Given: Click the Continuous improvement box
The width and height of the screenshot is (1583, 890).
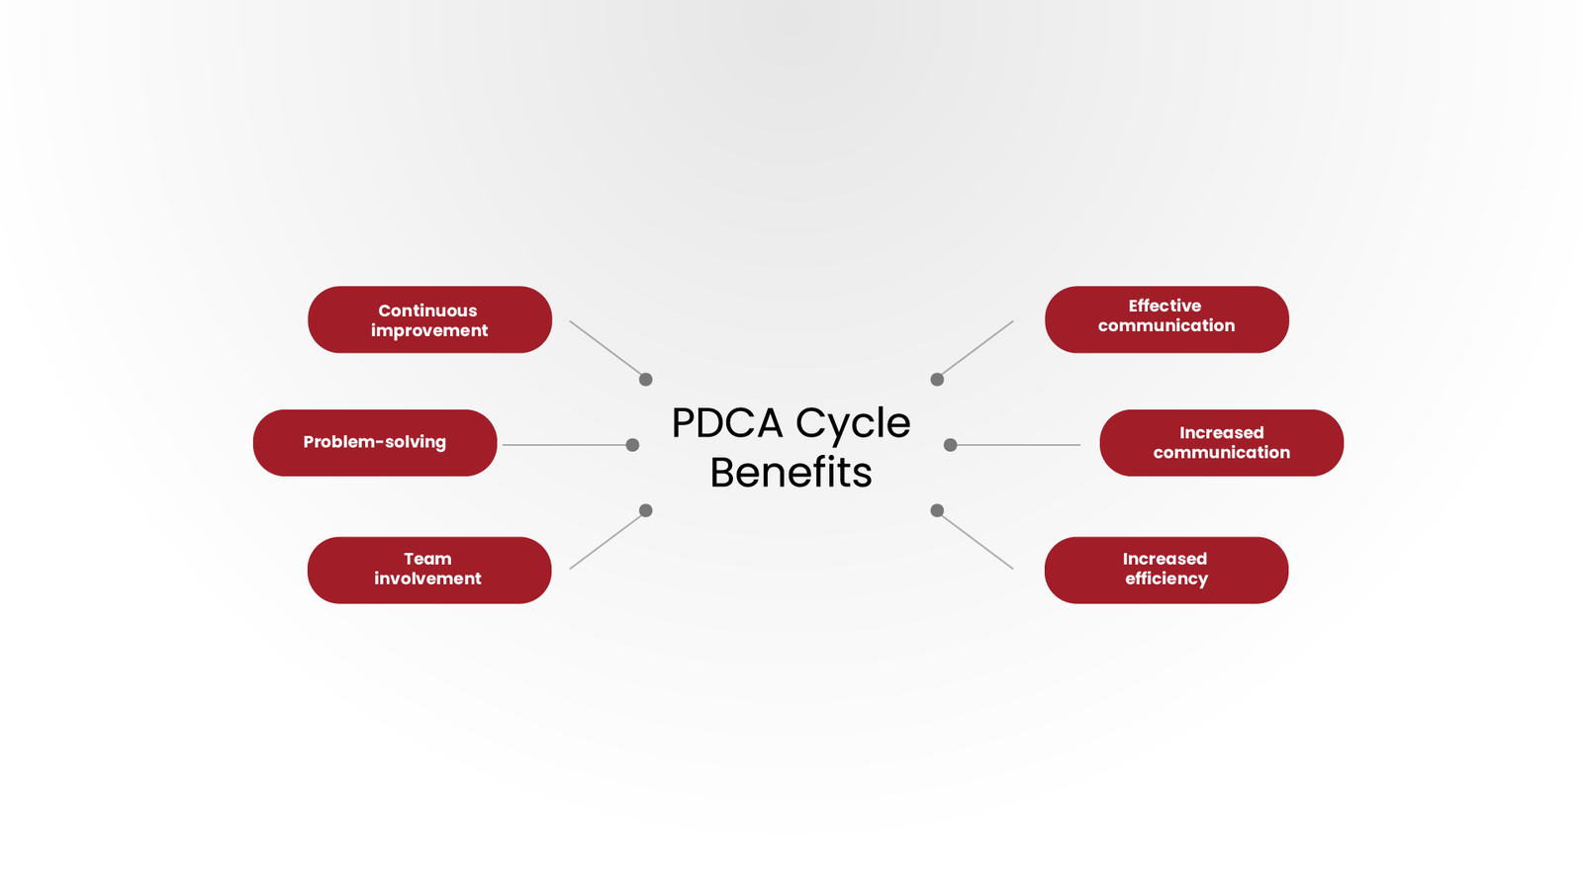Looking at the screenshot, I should click(429, 319).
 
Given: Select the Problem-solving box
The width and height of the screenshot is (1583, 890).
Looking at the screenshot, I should click(375, 443).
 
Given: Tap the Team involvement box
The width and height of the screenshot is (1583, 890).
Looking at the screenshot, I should click(429, 570).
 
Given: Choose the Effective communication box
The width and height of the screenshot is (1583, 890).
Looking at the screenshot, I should click(1166, 319).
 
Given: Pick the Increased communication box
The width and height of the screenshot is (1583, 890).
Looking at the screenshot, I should click(1221, 443).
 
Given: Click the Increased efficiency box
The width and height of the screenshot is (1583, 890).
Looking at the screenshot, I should click(1165, 570).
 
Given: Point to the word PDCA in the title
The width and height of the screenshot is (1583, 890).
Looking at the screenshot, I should click(727, 423).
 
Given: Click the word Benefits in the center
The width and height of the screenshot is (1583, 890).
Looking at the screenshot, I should click(791, 473).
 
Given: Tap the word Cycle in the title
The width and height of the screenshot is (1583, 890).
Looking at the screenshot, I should click(853, 423).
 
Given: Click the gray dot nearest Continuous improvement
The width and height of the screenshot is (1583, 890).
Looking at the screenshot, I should click(646, 379).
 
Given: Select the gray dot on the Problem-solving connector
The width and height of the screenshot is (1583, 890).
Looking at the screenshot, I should click(633, 445).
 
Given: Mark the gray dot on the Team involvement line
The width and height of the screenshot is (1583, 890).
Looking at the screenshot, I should click(646, 510).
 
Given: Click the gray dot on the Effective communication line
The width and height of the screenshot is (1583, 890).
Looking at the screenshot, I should click(937, 379).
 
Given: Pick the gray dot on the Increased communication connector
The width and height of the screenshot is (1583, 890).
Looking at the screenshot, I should click(950, 445).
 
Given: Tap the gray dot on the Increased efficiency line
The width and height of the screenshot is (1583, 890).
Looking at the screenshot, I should click(937, 510).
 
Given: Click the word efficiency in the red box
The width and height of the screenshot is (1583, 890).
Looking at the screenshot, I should click(1165, 578).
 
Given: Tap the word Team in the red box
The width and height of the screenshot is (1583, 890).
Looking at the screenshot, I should click(427, 559).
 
